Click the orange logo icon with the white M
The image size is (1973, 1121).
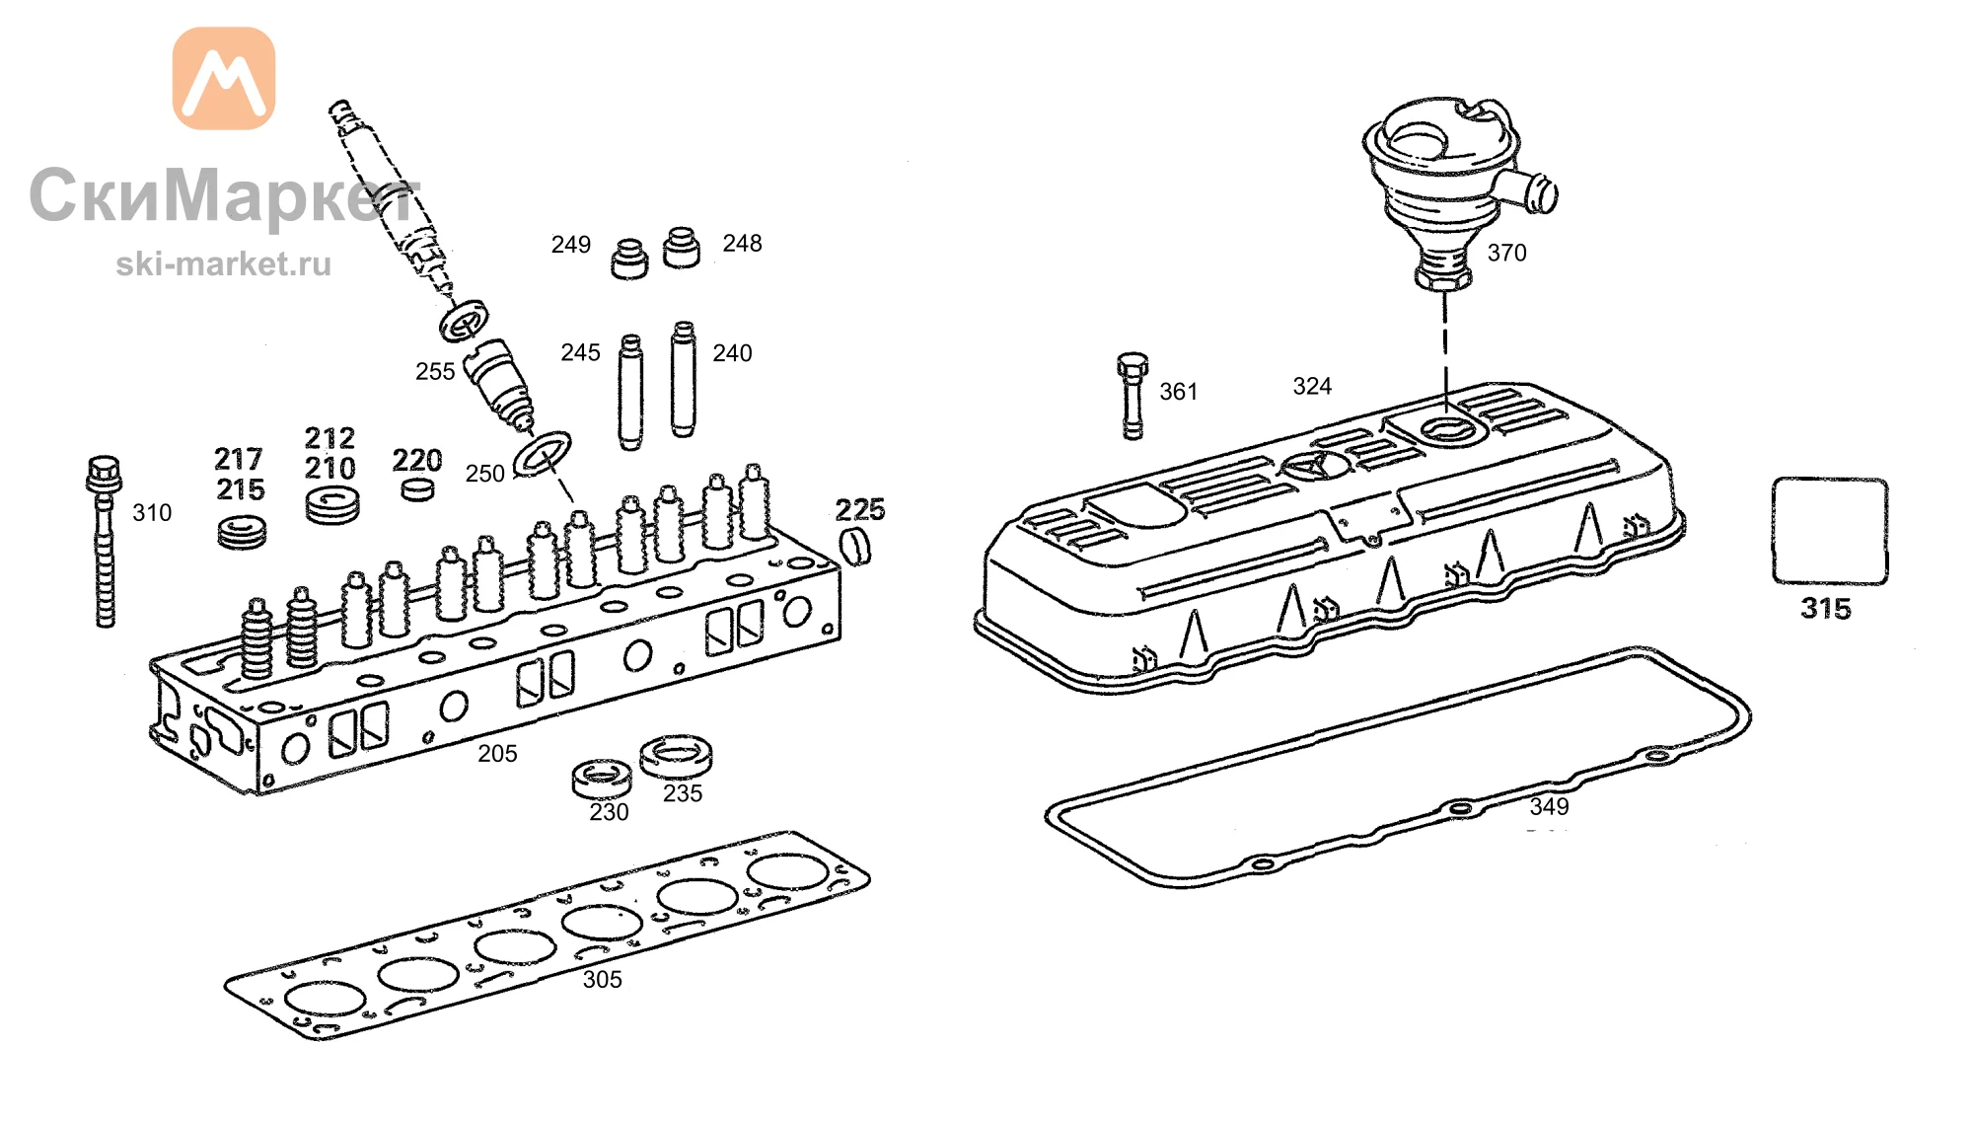click(x=224, y=78)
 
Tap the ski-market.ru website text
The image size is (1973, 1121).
click(x=224, y=264)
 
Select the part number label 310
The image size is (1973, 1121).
click(x=152, y=513)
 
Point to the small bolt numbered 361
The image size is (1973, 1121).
click(x=1133, y=395)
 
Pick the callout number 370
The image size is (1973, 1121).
click(x=1506, y=254)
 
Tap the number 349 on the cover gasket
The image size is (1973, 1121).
click(x=1549, y=807)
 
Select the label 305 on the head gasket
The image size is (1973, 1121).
click(x=602, y=980)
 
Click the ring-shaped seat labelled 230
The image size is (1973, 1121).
click(x=602, y=779)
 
